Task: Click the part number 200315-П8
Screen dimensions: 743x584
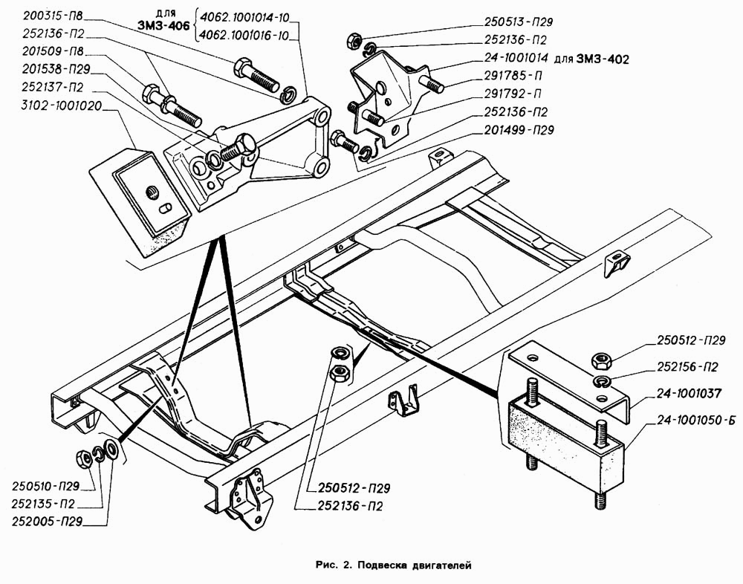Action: pyautogui.click(x=52, y=16)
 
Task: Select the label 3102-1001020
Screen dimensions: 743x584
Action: pyautogui.click(x=61, y=106)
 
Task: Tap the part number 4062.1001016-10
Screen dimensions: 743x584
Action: pyautogui.click(x=244, y=36)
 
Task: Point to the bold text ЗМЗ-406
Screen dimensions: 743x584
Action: pyautogui.click(x=163, y=25)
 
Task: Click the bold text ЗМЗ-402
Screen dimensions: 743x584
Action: pyautogui.click(x=603, y=59)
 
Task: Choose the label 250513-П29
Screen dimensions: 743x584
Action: pyautogui.click(x=519, y=22)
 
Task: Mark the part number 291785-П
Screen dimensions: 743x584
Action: pyautogui.click(x=512, y=76)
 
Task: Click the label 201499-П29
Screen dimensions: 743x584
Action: pyautogui.click(x=519, y=130)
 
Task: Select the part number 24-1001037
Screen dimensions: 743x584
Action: pyautogui.click(x=689, y=394)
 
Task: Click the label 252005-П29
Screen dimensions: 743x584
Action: pyautogui.click(x=46, y=522)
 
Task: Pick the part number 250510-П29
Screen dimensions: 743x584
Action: pyautogui.click(x=45, y=486)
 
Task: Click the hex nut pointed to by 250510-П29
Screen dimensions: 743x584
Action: pyautogui.click(x=84, y=458)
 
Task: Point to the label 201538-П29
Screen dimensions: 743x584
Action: pyautogui.click(x=56, y=70)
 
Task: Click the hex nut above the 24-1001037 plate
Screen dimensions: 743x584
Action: pyautogui.click(x=600, y=361)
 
